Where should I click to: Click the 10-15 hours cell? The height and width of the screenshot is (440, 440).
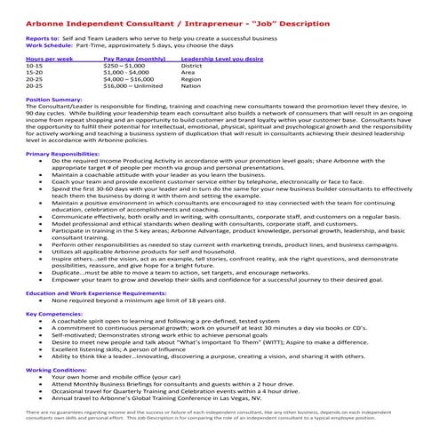pyautogui.click(x=35, y=66)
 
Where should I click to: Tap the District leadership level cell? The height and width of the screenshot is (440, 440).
pyautogui.click(x=190, y=66)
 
